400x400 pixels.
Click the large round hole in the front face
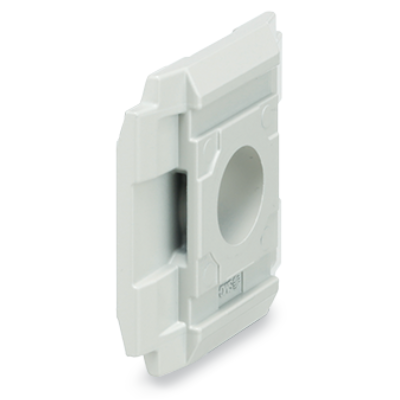click(241, 190)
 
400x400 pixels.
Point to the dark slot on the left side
click(177, 211)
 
